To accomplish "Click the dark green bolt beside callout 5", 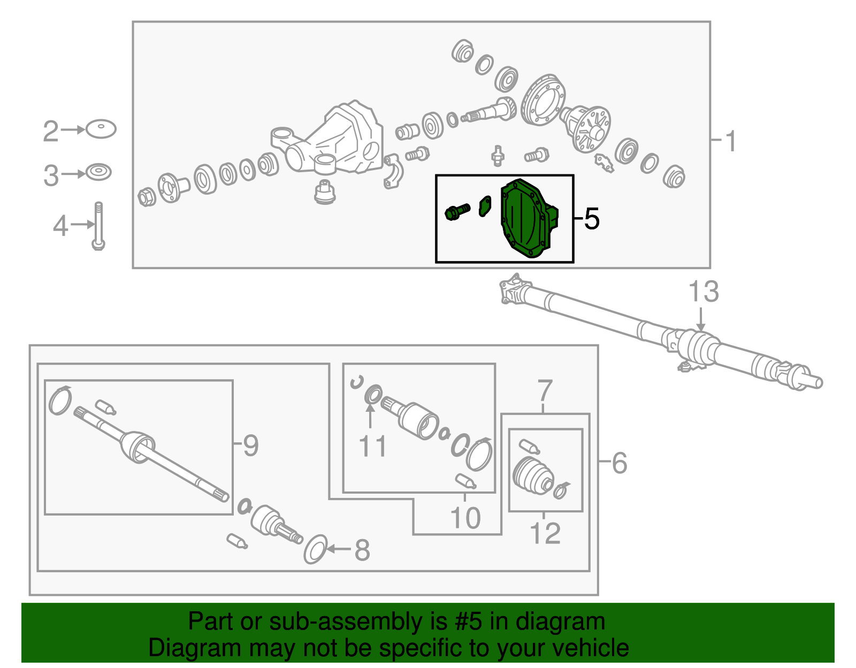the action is (x=457, y=212).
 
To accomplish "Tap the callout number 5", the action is (x=592, y=219).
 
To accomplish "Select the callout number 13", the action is (x=704, y=291).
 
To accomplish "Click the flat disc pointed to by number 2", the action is (x=101, y=129).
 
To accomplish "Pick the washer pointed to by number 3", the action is (x=98, y=172).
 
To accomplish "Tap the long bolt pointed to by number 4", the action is (x=98, y=226).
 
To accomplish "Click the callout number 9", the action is (x=251, y=446).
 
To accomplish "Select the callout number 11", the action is (x=373, y=446).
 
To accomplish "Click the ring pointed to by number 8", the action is (x=315, y=549).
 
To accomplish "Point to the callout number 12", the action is (x=545, y=533).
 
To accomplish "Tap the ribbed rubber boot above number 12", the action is (x=533, y=475).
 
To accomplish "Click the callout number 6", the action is (x=619, y=463).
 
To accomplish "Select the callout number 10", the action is (x=465, y=518).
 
